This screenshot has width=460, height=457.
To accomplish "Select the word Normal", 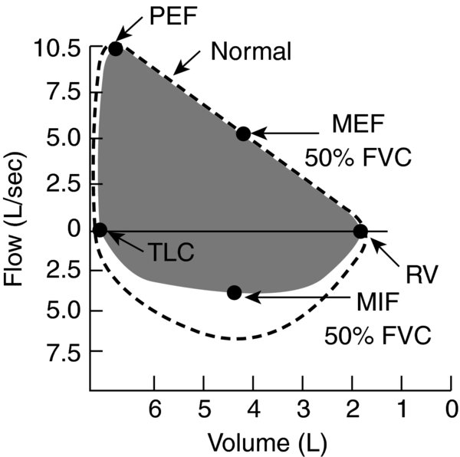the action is (x=251, y=51).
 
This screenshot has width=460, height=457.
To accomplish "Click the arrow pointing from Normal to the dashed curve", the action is (x=187, y=63).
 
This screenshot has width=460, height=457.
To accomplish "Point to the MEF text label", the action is (x=358, y=124).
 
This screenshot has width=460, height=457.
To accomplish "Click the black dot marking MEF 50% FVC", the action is (x=244, y=134).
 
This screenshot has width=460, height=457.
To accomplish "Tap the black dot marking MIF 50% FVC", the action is (x=235, y=292).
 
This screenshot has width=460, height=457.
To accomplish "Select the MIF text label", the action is (x=377, y=302).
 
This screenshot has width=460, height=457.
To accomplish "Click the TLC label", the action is (x=172, y=252).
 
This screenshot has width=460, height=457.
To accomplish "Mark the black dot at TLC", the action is (x=100, y=230).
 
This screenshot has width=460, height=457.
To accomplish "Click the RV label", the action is (x=422, y=275).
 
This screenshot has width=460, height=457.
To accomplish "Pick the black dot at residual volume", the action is (x=360, y=232).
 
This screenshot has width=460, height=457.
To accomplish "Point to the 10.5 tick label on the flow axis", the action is (x=57, y=48).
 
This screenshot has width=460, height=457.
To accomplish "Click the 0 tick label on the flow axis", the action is (x=74, y=230).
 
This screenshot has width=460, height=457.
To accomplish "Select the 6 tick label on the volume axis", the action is (x=155, y=409).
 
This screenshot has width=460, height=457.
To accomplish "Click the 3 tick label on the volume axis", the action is (x=304, y=409).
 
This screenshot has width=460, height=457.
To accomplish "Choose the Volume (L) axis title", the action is (x=268, y=442).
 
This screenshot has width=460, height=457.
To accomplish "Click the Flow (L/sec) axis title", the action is (x=14, y=219).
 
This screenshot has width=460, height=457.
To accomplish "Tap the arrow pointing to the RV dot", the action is (x=384, y=252).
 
